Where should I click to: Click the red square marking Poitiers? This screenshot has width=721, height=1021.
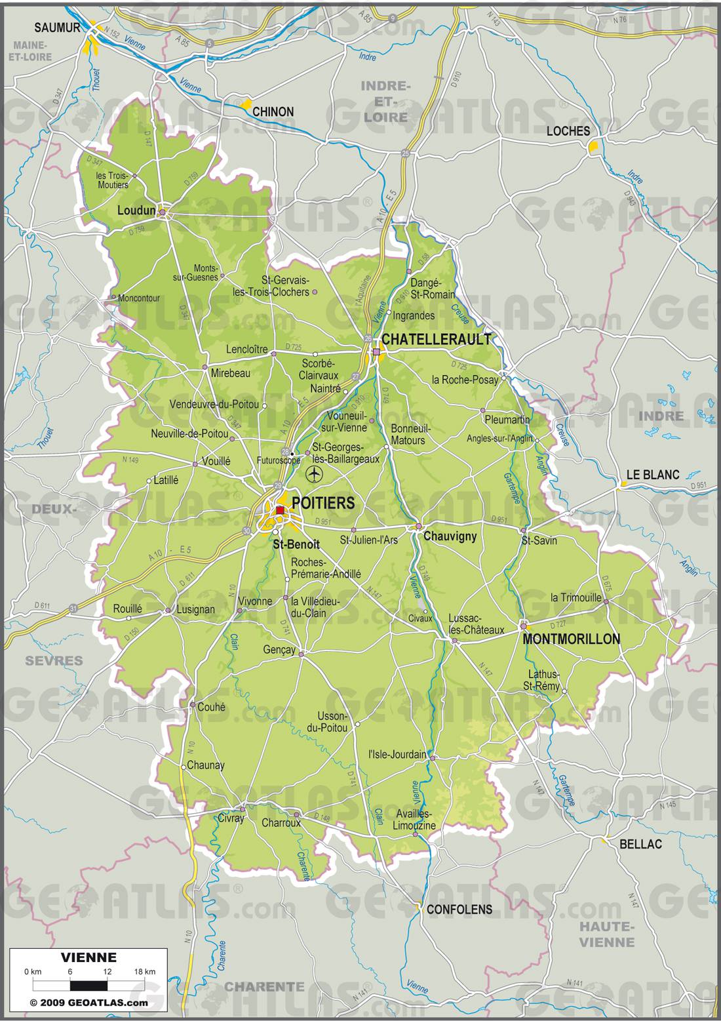coord(280,511)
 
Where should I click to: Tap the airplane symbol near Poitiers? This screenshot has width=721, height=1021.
coord(315,473)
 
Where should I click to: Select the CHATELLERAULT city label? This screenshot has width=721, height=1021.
coord(436,339)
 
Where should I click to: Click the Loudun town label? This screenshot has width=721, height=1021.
coord(136,210)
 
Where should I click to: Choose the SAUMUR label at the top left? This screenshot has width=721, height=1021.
coord(58,28)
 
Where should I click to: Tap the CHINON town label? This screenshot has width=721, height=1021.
coord(273,112)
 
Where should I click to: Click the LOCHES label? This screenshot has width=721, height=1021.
coord(568,131)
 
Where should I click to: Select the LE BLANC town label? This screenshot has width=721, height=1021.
coord(653,474)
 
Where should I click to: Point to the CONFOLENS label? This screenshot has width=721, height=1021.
coord(459,909)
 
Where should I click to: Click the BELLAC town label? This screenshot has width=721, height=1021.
coord(640,844)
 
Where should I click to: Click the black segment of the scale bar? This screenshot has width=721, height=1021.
coord(88,985)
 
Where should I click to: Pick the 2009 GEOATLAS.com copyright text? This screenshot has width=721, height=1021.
coord(88,1003)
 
